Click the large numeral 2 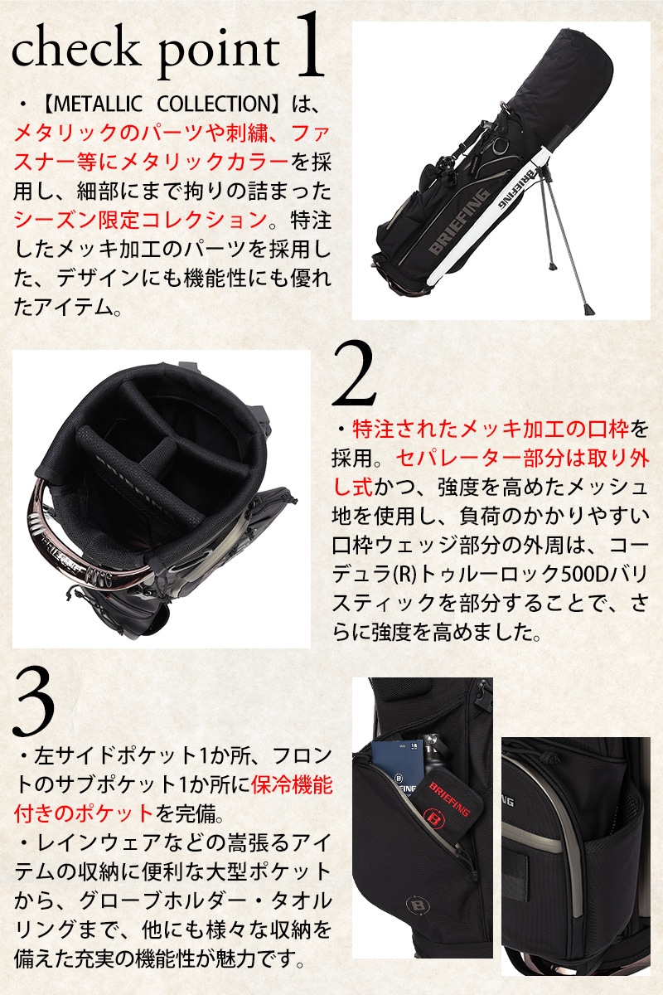[x=354, y=374]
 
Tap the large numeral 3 [x=34, y=704]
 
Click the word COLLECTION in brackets [x=214, y=104]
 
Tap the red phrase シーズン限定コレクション [x=140, y=220]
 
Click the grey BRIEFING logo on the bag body [x=457, y=222]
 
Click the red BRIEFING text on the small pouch [x=449, y=798]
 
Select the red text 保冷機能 [x=292, y=784]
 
